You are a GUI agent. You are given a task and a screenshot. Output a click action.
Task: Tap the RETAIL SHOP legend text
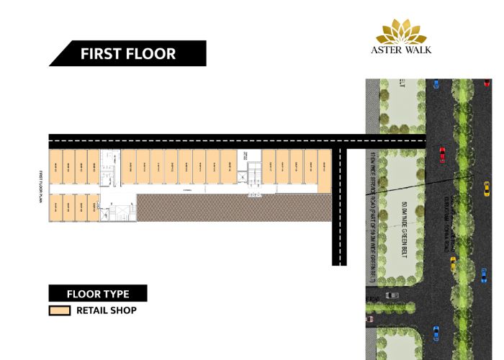coord(107,311)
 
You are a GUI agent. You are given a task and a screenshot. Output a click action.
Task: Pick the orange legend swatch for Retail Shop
coord(59,311)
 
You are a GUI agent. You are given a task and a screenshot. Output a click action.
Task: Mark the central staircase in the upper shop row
coord(253,173)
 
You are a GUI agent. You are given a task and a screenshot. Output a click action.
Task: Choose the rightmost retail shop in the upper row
coord(324,171)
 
